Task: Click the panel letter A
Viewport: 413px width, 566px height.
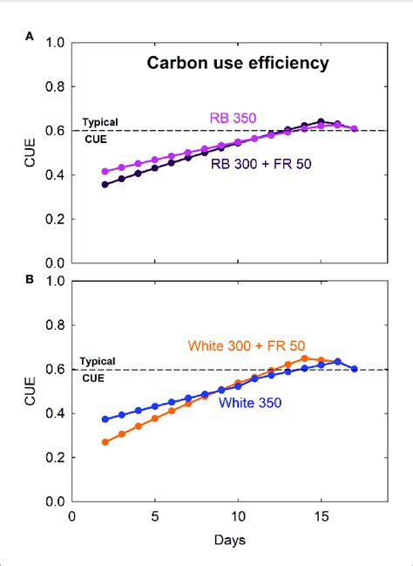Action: [30, 37]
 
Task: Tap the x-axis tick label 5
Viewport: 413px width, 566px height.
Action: [155, 516]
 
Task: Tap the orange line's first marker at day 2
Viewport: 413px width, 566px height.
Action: [105, 442]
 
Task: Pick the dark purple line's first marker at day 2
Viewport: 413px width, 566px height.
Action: [105, 184]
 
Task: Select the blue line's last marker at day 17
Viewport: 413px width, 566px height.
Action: [354, 368]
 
